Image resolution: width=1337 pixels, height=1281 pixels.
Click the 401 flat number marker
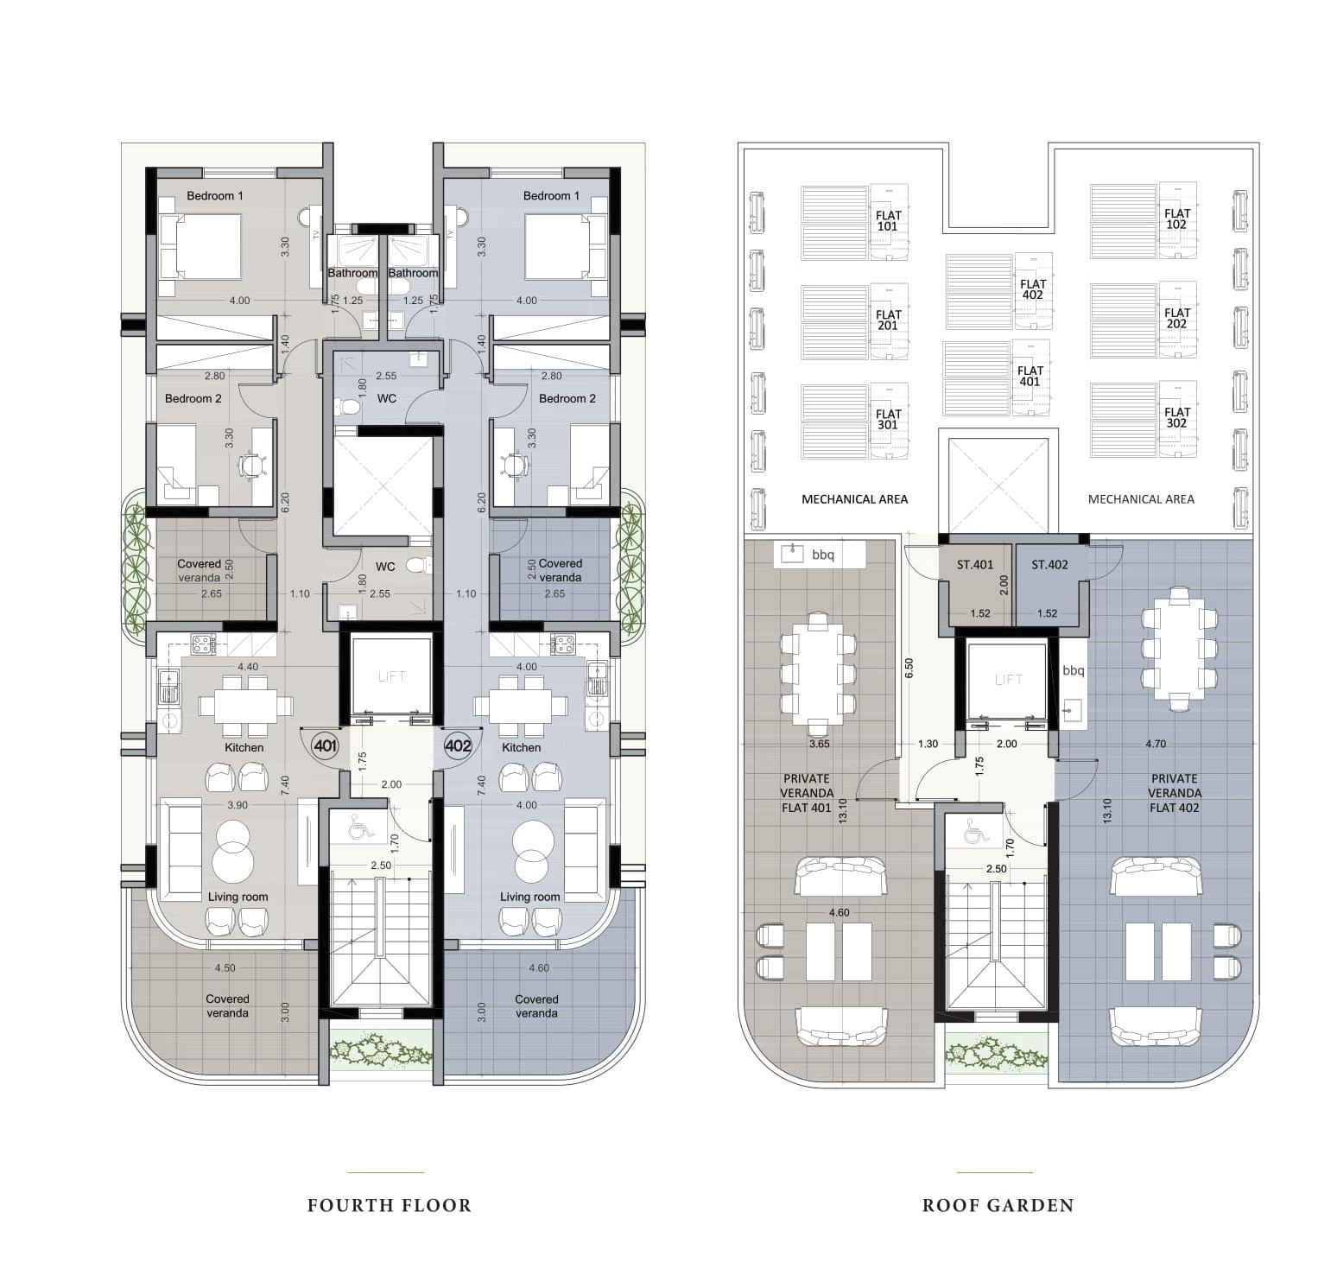pos(325,745)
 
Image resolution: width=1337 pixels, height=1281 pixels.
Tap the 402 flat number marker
pos(457,745)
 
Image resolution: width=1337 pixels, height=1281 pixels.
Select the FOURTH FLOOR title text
pos(390,1205)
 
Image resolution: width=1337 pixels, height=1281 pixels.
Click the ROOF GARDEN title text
pos(998,1205)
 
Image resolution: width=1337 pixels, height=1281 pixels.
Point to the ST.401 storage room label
pos(975,565)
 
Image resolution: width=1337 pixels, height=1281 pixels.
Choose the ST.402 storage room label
pos(1049,565)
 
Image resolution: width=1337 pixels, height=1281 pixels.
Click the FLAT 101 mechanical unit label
pos(889,221)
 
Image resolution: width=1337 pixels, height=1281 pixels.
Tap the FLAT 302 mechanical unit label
pos(1176,418)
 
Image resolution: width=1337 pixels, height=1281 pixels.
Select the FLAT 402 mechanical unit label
pos(1033,289)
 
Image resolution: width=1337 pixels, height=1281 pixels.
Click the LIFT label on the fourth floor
pos(392,676)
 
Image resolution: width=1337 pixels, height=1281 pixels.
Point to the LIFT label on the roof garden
pos(1008,680)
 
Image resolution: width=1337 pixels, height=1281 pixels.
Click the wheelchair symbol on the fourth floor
pos(361,828)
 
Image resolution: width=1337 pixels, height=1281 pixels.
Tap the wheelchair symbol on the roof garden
pos(976,831)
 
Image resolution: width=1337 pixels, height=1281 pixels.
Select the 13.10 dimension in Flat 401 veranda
pos(843,811)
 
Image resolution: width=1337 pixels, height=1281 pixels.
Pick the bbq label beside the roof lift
pos(1073,670)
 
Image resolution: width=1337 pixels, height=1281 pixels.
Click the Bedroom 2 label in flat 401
pos(193,398)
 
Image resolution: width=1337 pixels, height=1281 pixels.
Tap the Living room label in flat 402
pos(530,897)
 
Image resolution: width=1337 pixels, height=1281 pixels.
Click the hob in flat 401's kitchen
pos(203,644)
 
